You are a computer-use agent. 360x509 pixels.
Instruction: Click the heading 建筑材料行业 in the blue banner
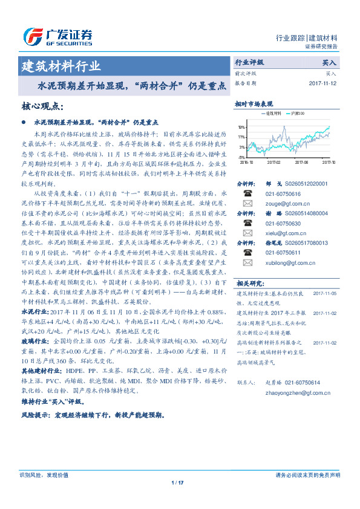61,66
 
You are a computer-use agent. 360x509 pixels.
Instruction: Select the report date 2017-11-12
323,83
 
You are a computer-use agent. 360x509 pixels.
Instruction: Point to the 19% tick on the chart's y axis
241,128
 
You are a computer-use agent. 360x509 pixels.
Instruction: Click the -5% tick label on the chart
241,157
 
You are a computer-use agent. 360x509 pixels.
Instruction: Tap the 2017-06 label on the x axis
301,162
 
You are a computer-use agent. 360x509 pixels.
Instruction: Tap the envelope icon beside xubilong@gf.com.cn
247,262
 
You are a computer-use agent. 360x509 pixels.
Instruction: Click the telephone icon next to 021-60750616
247,193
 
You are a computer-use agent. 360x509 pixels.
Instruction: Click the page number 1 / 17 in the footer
178,482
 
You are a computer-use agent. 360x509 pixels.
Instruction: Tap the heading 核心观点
42,106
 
